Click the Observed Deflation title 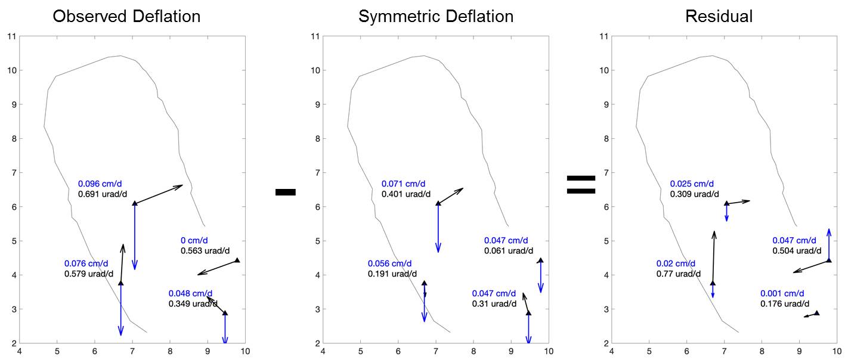coord(126,16)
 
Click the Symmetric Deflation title coord(436,16)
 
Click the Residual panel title coord(719,16)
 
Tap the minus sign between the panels coord(286,192)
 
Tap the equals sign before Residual coord(580,185)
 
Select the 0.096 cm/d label coord(104,184)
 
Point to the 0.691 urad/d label coord(104,194)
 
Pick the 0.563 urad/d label coord(205,251)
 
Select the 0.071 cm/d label coord(407,184)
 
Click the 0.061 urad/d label coord(509,251)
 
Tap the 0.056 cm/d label coord(389,263)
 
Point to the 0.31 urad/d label coord(494,304)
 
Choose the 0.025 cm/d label coord(692,184)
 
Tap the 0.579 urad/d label coord(89,274)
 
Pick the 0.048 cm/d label coord(191,293)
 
